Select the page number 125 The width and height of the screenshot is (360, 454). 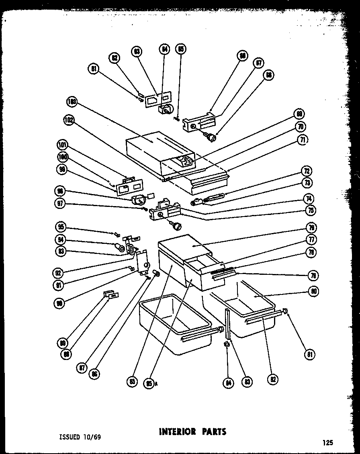(327, 443)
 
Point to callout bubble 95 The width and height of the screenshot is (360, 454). (61, 226)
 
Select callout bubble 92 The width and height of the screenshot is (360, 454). (59, 273)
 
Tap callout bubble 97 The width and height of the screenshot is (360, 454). (60, 203)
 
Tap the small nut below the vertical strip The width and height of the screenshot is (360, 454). (227, 344)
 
